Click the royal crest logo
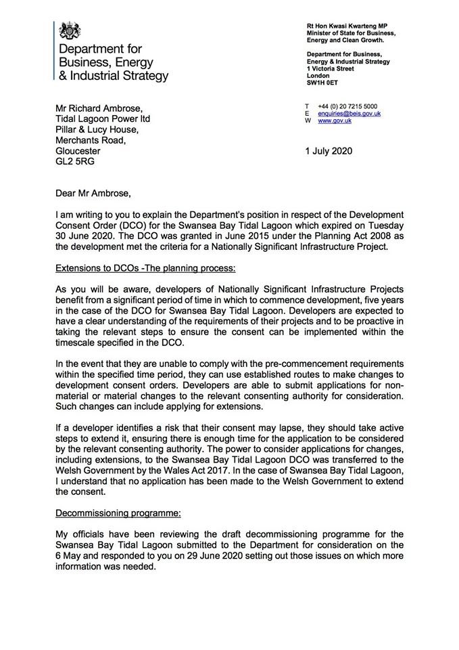tap(70, 30)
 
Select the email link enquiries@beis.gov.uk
tap(349, 114)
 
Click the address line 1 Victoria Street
tap(330, 68)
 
